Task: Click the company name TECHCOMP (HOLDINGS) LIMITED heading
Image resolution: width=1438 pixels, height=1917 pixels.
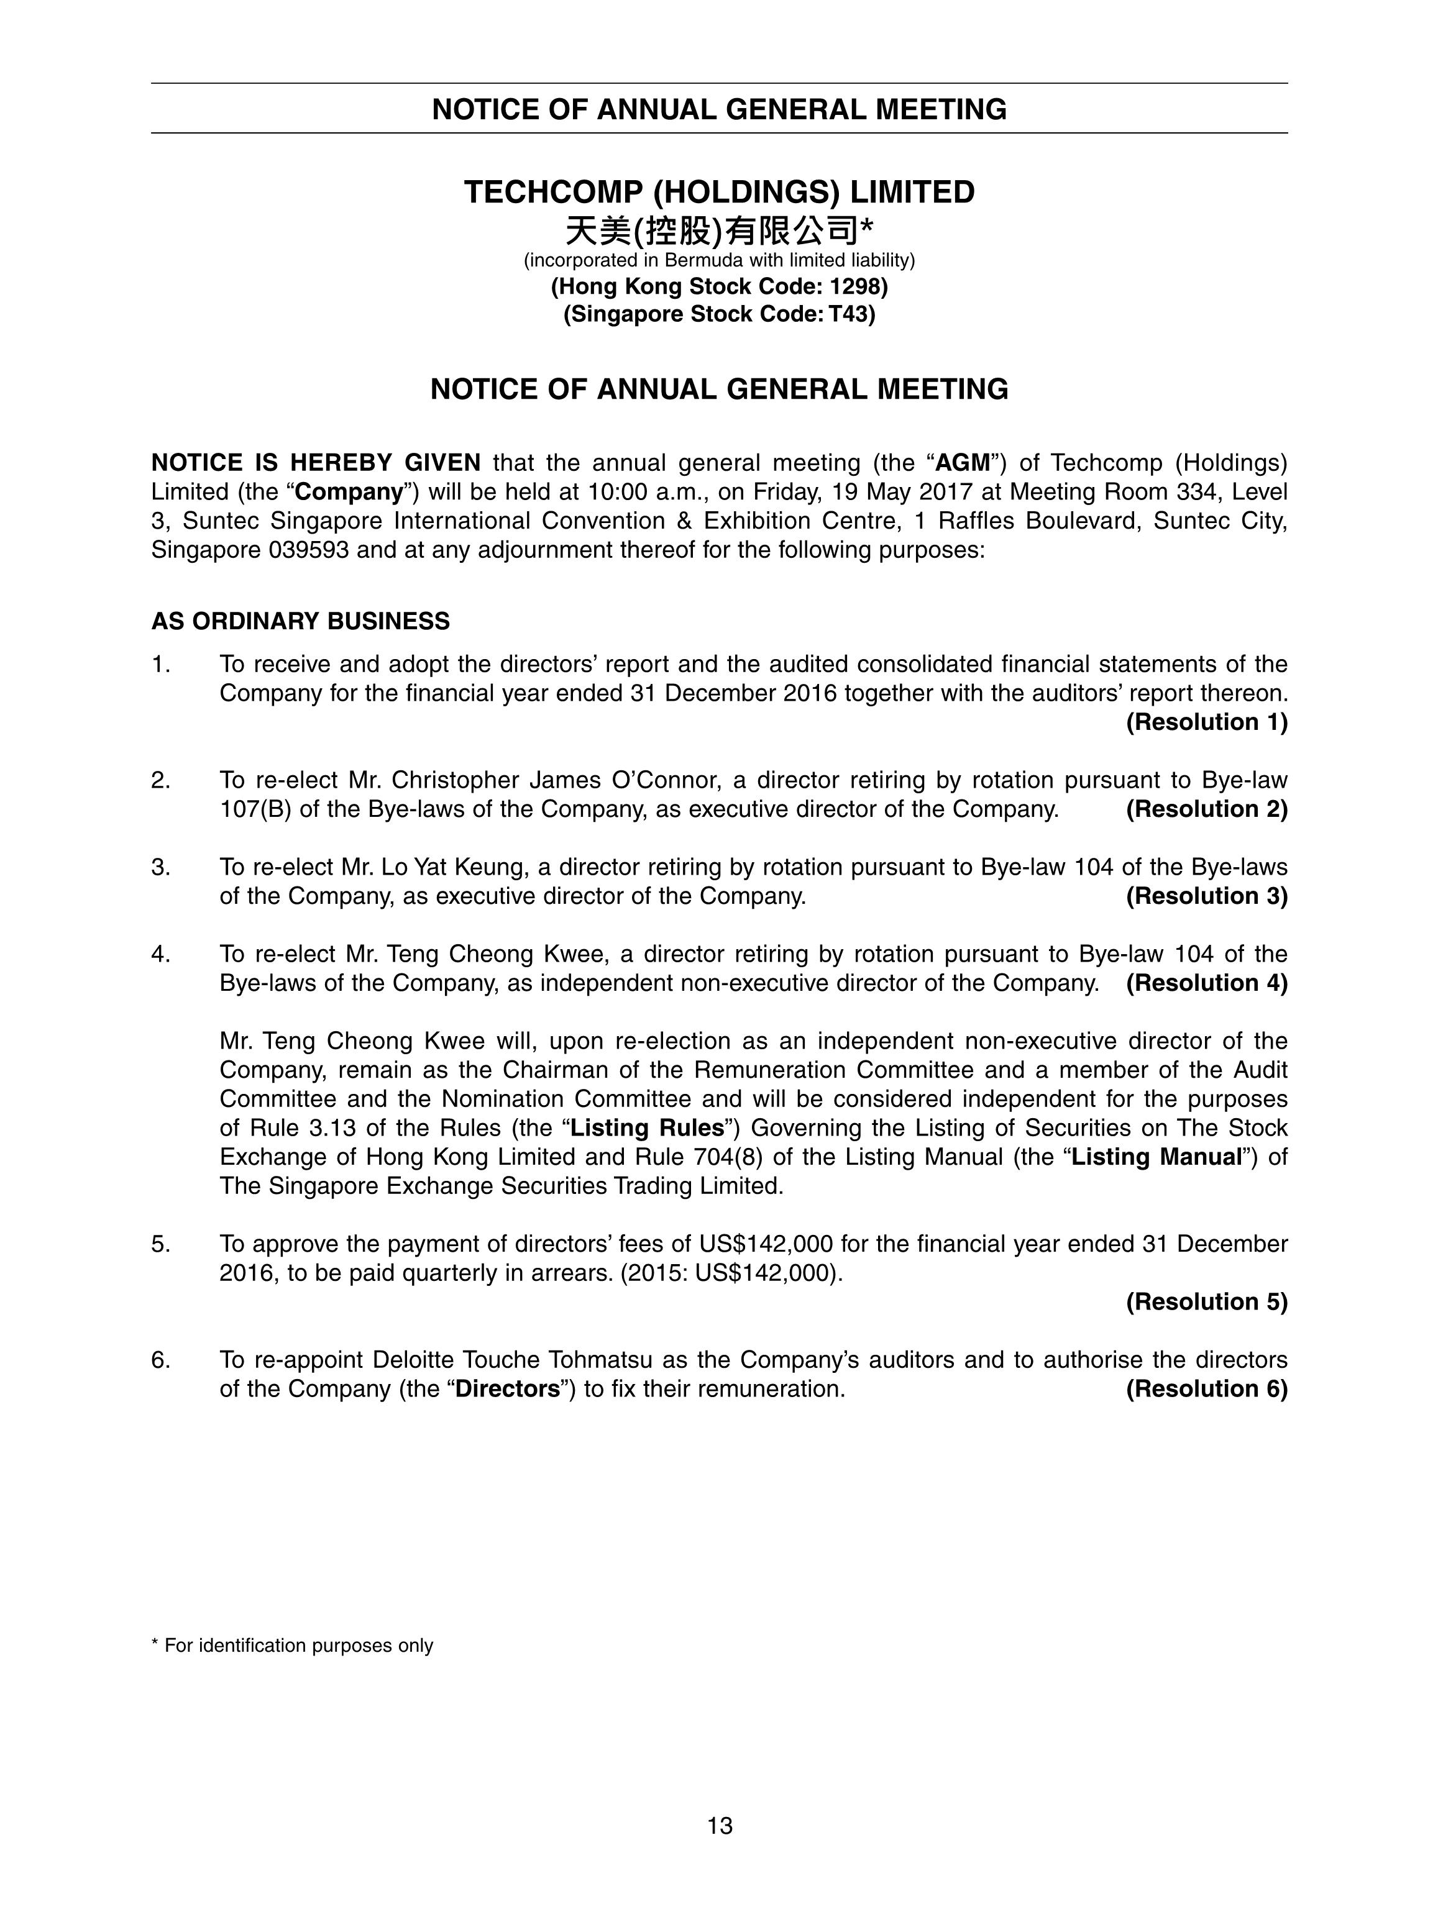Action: [718, 193]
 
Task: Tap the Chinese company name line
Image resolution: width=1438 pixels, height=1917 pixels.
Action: [718, 231]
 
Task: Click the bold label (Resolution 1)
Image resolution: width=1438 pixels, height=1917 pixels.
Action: [1206, 722]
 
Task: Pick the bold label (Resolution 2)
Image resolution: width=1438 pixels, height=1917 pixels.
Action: [1206, 809]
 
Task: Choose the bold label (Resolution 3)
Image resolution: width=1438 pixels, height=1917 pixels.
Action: [1206, 896]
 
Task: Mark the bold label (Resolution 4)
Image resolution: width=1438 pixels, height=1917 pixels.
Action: [1206, 983]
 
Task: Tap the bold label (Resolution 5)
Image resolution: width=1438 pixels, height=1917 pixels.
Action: [1206, 1301]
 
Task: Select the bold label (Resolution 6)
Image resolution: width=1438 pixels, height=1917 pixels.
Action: [1206, 1388]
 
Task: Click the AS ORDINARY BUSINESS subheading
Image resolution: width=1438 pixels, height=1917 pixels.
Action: [301, 621]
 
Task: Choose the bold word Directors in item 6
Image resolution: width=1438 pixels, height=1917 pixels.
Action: [507, 1389]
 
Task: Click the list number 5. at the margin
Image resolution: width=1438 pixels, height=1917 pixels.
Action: [160, 1244]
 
